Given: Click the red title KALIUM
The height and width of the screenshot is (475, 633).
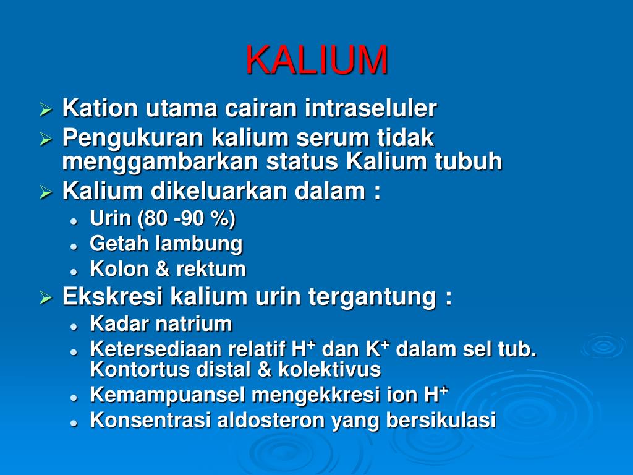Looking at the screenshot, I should pos(316,60).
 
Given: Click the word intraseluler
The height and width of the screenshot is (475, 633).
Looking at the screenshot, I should pos(370,109).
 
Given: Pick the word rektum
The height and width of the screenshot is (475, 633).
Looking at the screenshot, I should pos(211,269).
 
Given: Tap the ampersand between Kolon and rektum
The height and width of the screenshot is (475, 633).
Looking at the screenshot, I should pos(161,269).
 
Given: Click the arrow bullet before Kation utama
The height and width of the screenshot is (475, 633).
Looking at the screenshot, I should pos(45,110).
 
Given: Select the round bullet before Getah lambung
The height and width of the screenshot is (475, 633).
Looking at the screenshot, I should pos(74,246).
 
